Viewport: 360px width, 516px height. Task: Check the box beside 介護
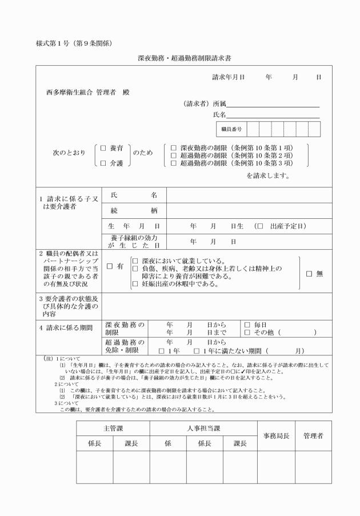click(x=103, y=163)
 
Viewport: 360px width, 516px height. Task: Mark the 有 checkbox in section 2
click(x=110, y=266)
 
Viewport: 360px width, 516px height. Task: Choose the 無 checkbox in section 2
click(x=309, y=274)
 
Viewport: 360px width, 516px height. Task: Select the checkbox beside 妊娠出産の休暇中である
click(x=135, y=284)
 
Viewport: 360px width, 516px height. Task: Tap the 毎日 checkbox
click(x=247, y=325)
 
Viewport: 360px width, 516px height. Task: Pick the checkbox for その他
click(x=247, y=332)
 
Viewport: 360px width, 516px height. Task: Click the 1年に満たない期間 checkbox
click(x=197, y=350)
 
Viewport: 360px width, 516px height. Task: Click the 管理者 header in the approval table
click(x=313, y=436)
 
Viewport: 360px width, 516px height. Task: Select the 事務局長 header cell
click(x=276, y=436)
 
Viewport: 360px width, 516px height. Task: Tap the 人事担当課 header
click(x=204, y=428)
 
